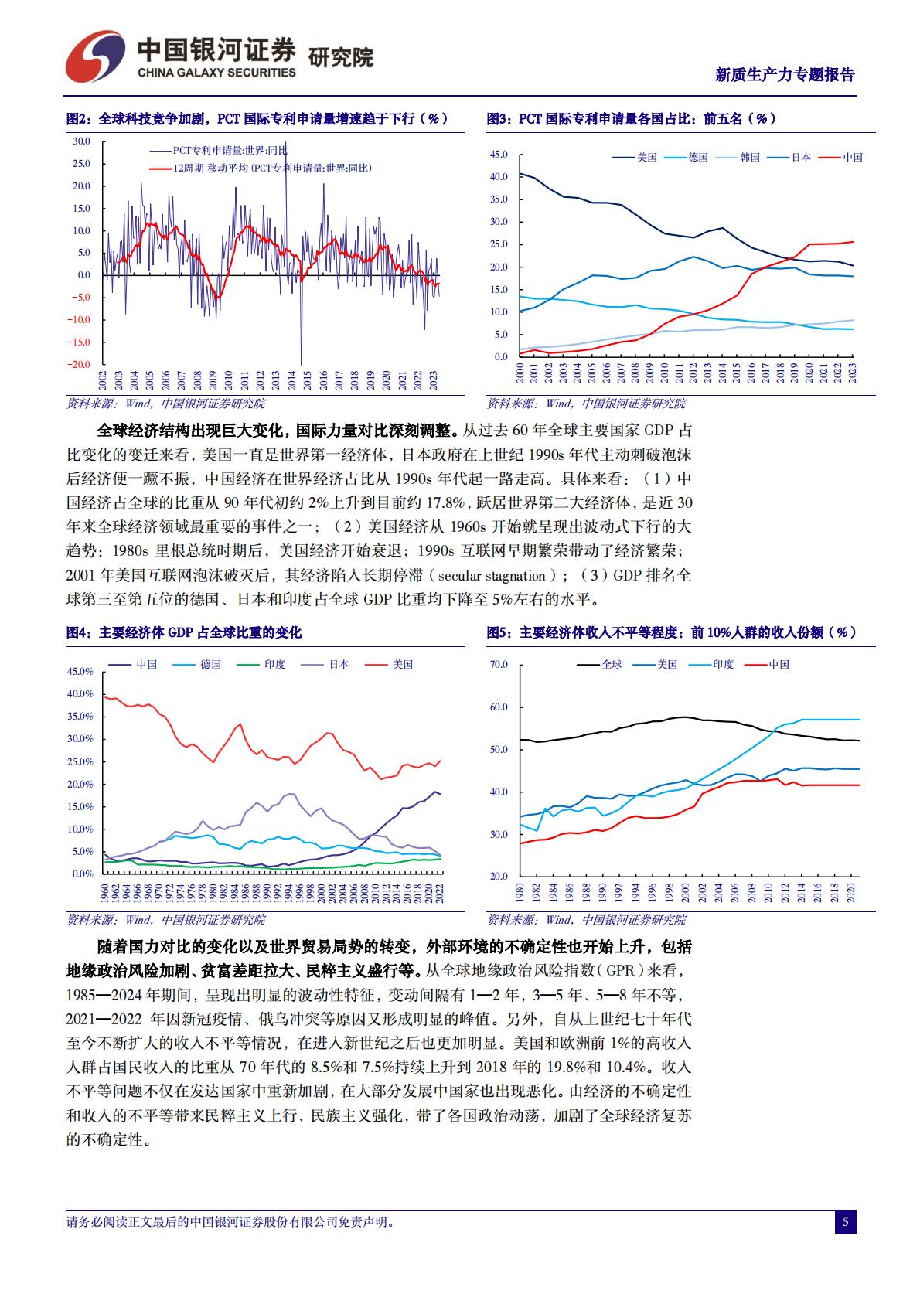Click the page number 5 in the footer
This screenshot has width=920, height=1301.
coord(845,1222)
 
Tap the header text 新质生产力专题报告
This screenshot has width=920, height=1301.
coord(785,75)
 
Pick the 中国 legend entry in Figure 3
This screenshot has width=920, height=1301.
coord(852,157)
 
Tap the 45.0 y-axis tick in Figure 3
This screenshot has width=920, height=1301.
coord(499,155)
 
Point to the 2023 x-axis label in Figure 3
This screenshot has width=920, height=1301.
coord(853,374)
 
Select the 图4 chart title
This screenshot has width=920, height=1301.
coord(184,632)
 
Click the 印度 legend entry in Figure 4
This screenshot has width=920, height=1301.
coord(274,664)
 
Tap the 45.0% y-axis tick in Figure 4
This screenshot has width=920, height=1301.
coord(80,672)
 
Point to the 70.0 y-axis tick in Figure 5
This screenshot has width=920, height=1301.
coord(499,665)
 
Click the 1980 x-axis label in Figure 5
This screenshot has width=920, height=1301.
coord(520,892)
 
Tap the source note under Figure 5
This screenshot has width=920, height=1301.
coord(586,920)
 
